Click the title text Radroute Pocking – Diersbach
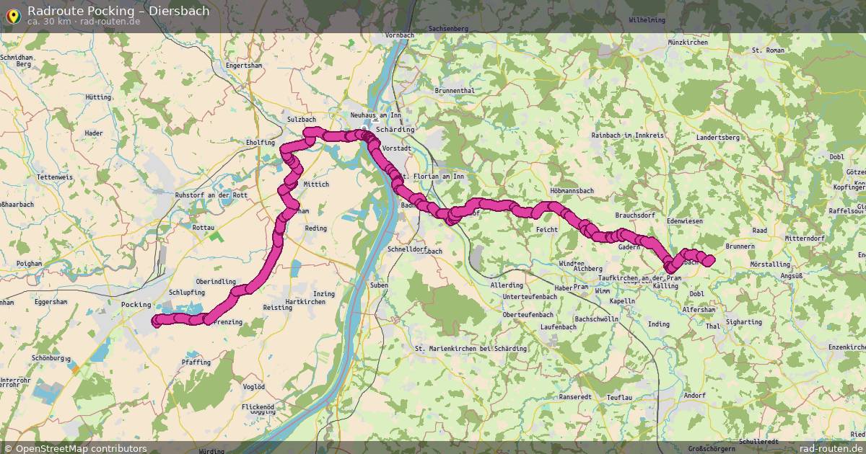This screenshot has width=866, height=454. click(118, 11)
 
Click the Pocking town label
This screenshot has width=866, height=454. click(136, 305)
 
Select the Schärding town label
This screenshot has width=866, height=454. click(395, 130)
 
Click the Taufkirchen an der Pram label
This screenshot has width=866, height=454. click(640, 278)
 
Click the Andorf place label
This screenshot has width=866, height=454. click(694, 396)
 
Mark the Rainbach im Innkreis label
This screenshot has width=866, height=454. click(626, 135)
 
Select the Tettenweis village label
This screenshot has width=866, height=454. click(55, 177)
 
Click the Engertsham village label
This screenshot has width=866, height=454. click(243, 65)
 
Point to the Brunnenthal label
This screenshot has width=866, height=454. click(455, 91)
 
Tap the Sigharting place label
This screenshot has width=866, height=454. click(743, 322)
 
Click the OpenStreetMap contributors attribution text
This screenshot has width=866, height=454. click(81, 448)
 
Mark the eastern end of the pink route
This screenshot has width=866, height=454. click(709, 260)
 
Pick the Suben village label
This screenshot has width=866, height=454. click(379, 285)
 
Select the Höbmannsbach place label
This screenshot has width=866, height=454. click(571, 191)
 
